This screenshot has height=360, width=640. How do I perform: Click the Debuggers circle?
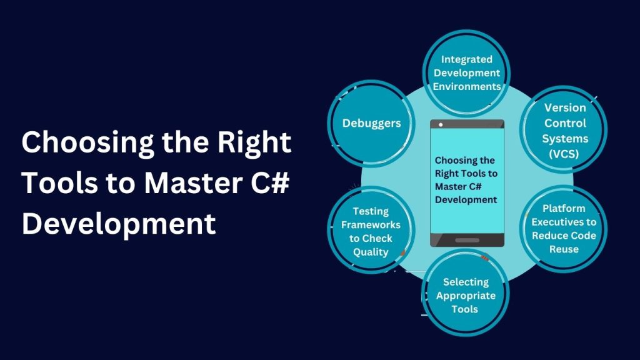(x=371, y=123)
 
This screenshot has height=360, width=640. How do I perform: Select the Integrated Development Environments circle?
(x=466, y=73)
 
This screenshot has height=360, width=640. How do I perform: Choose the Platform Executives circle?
(x=564, y=228)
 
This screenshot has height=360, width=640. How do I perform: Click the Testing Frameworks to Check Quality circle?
(x=371, y=231)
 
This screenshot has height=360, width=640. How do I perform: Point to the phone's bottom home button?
(x=466, y=240)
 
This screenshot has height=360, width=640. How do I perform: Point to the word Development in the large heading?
(x=119, y=224)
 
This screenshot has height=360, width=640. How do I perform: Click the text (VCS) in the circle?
(x=564, y=153)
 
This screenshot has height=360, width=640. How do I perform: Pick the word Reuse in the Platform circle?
(x=564, y=249)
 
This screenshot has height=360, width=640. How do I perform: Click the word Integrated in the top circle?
(x=466, y=59)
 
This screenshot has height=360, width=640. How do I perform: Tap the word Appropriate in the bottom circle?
(x=466, y=296)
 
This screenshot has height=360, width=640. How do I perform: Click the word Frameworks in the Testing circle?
(x=371, y=225)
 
